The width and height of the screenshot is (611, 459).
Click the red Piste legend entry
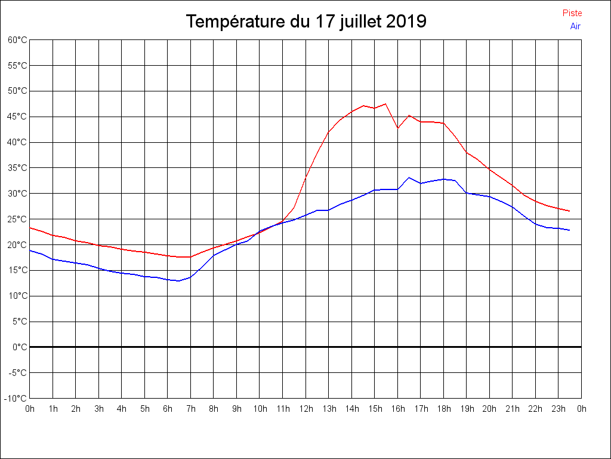point(572,13)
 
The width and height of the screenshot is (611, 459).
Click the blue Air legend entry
point(575,26)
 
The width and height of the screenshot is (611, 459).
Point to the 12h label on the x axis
point(305,409)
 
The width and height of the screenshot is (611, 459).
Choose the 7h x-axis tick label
point(190,409)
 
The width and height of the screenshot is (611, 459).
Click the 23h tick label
point(558,409)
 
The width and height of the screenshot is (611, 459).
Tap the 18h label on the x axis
point(443,409)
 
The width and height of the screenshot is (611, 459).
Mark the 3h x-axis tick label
point(98,409)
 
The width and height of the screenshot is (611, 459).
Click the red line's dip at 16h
point(397,128)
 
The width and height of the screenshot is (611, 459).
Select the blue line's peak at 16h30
point(409,178)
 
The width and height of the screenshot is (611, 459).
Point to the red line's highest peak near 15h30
point(385,104)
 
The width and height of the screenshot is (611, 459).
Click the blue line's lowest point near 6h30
point(178,281)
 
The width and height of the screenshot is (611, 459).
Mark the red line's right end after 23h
point(569,211)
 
